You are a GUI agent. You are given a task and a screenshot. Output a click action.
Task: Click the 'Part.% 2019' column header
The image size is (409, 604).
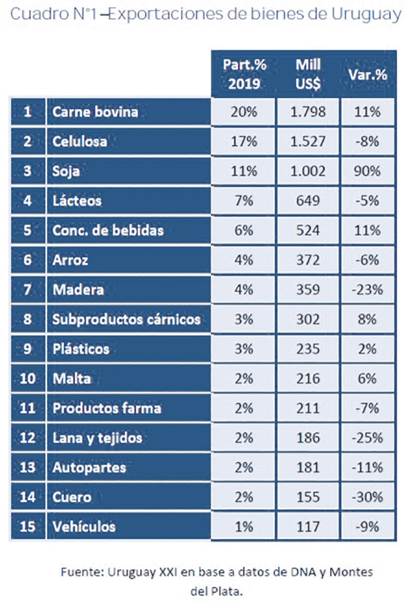pyautogui.click(x=244, y=74)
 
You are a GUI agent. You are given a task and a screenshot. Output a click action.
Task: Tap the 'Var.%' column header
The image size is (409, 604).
pyautogui.click(x=367, y=75)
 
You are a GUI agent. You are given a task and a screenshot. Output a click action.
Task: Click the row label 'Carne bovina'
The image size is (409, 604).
pyautogui.click(x=95, y=112)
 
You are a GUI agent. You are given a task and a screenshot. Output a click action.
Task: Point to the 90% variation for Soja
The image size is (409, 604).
pyautogui.click(x=367, y=171)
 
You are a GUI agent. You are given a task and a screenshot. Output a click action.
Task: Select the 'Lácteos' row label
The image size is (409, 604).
pyautogui.click(x=77, y=201)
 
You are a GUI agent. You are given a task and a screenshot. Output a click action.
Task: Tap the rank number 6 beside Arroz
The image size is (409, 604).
pyautogui.click(x=27, y=260)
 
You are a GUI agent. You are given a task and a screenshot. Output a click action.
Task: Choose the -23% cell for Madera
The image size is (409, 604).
pyautogui.click(x=367, y=290)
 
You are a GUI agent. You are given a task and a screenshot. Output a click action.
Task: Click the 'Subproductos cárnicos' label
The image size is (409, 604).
pyautogui.click(x=127, y=319)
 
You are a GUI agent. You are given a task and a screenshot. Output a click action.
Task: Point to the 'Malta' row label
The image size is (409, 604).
pyautogui.click(x=72, y=378)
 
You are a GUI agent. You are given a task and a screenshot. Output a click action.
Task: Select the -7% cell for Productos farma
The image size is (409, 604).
pyautogui.click(x=367, y=408)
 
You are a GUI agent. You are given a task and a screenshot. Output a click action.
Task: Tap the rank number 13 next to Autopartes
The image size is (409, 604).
pyautogui.click(x=27, y=467)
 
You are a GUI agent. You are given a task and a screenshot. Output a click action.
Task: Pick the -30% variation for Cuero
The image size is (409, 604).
pyautogui.click(x=367, y=497)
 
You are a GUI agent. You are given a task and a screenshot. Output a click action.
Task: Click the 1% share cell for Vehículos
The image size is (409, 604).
pyautogui.click(x=244, y=527)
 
